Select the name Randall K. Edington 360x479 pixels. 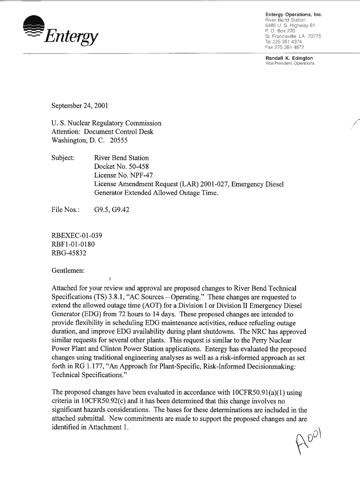[289, 58]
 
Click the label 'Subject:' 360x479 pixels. [63, 158]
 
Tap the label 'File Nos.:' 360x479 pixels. [65, 210]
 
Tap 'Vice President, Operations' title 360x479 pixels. [290, 63]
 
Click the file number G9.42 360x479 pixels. [120, 210]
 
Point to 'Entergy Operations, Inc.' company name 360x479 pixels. [294, 15]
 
